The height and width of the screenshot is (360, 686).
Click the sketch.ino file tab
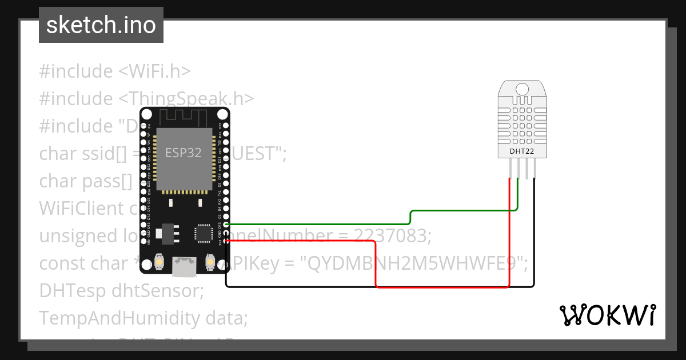(x=101, y=25)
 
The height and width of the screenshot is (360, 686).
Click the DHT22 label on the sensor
(x=522, y=151)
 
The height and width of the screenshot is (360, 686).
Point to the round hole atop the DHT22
(x=522, y=89)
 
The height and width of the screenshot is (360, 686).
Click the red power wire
(x=440, y=286)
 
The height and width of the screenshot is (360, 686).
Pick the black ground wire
(x=377, y=286)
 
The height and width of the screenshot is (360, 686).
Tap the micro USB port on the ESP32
(x=185, y=265)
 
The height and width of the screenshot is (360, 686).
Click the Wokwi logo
(x=607, y=315)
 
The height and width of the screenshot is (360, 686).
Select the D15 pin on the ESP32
(x=226, y=225)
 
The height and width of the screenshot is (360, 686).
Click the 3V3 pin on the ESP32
(x=226, y=242)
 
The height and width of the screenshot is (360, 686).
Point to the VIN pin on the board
(x=144, y=242)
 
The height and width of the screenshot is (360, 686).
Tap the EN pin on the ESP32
(x=144, y=125)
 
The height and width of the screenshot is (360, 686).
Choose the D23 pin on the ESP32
(x=226, y=125)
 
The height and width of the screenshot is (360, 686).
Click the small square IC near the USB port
(x=203, y=233)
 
